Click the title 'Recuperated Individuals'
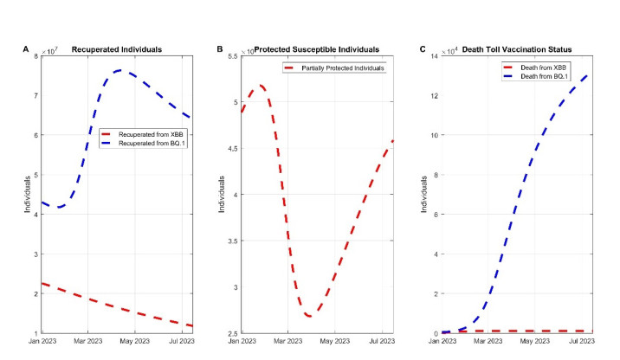[x=119, y=48]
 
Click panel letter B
[x=220, y=48]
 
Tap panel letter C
[x=422, y=48]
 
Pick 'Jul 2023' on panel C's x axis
[x=582, y=343]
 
